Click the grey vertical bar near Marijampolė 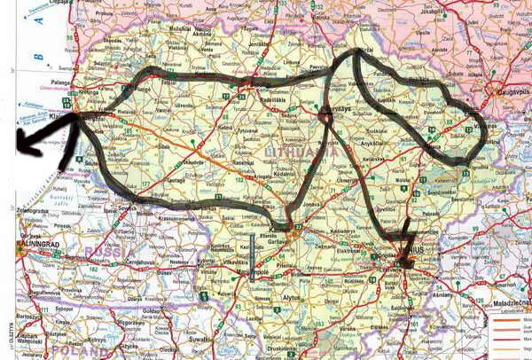254,258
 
